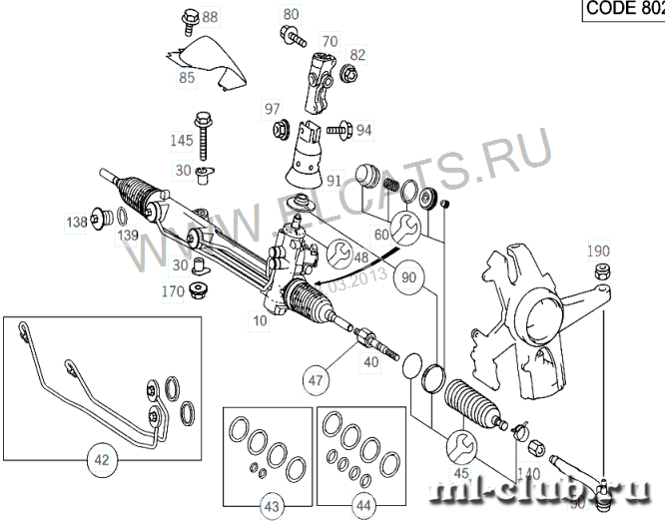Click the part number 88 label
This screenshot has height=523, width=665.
(210, 17)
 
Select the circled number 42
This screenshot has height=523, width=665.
(103, 461)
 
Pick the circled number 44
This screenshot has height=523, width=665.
(363, 506)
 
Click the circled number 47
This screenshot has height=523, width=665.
(317, 379)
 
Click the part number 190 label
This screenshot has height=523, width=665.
(597, 250)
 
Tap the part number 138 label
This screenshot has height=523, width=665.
(77, 223)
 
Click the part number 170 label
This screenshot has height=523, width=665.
(172, 292)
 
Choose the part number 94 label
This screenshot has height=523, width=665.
(363, 130)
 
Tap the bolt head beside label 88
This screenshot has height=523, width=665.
(188, 17)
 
